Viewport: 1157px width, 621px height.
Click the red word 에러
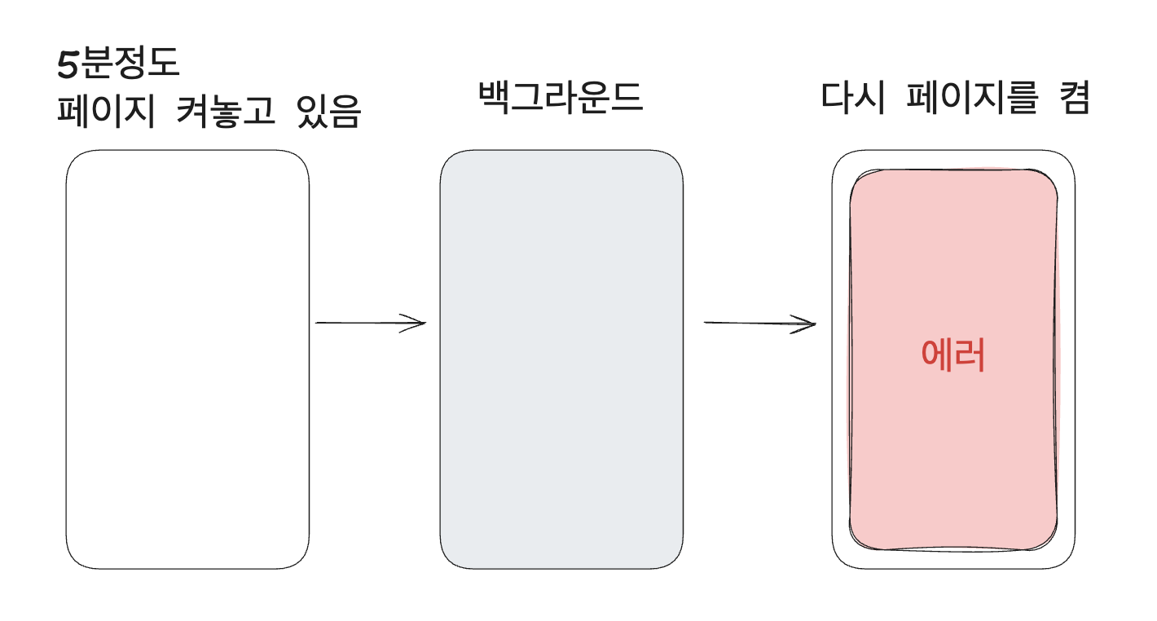pos(952,355)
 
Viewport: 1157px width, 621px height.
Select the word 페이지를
pos(973,99)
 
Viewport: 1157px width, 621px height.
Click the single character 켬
pos(1072,99)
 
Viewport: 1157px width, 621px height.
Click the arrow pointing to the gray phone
pos(371,324)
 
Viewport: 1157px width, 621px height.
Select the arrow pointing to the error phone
pos(759,324)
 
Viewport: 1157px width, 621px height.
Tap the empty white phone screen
pos(187,359)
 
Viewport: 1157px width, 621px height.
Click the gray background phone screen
pos(561,359)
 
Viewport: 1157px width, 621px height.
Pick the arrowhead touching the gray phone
pos(420,324)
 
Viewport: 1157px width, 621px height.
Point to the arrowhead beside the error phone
pos(810,324)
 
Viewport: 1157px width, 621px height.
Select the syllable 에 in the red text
pos(936,355)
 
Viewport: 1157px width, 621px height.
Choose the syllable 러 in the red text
pos(970,355)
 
